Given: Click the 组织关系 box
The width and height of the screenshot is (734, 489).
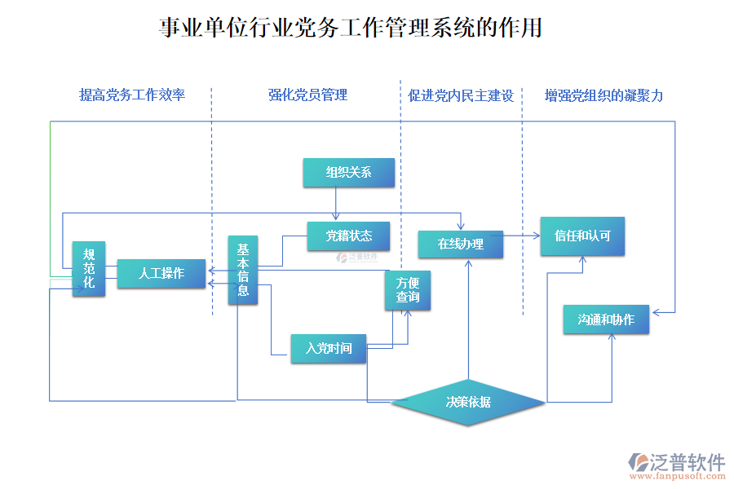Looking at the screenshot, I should (x=348, y=172).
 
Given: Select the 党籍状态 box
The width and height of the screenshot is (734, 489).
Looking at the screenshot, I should (x=348, y=236).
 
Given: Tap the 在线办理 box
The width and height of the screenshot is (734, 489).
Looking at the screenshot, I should (x=460, y=244).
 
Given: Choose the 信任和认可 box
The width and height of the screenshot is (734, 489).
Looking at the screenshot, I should (x=582, y=236).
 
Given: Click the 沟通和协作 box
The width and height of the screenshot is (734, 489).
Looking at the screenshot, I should (x=606, y=319).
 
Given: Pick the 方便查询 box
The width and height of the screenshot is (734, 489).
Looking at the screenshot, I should (x=408, y=290).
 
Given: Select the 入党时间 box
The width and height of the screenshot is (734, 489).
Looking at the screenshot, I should (x=329, y=349).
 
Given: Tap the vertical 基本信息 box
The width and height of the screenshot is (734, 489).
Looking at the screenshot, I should (x=243, y=271).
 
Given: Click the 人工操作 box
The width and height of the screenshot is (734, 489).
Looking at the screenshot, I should (x=161, y=274).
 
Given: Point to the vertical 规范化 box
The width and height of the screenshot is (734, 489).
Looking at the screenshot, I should (x=89, y=269).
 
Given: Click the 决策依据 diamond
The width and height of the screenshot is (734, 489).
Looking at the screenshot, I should (x=468, y=402).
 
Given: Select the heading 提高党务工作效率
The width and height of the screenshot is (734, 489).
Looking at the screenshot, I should (x=132, y=95).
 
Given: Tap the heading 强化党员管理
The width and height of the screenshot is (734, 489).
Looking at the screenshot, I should (x=308, y=95).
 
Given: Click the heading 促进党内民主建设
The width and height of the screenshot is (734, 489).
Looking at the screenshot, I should (x=461, y=95).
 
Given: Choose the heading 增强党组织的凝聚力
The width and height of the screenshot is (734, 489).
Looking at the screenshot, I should (x=604, y=95).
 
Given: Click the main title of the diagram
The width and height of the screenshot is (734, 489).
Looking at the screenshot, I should (x=351, y=29).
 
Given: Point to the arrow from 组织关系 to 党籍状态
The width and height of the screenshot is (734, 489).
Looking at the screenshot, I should (x=335, y=204).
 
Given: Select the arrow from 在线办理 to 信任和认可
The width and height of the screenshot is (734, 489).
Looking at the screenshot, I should (x=522, y=236).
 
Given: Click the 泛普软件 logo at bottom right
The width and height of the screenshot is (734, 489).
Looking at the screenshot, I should (x=676, y=461).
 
